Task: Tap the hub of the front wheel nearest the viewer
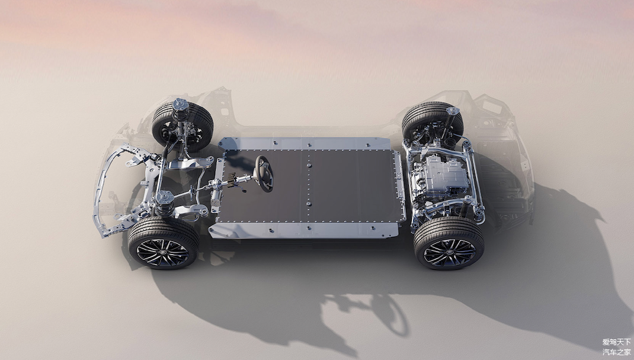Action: pos(162,252)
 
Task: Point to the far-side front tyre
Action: pos(182,126)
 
